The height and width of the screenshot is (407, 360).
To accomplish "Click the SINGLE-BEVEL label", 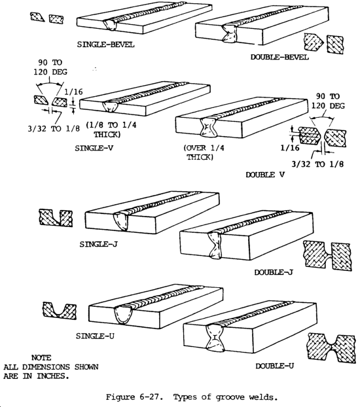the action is point(106,44).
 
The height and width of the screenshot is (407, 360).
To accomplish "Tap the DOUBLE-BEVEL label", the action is point(279,57).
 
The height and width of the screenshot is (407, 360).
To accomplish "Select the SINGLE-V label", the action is point(94,148).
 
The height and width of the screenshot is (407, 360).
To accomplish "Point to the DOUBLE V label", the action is point(265,175).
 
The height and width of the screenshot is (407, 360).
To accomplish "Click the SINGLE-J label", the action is point(98,244).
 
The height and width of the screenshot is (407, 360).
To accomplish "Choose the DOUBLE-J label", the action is point(274,272).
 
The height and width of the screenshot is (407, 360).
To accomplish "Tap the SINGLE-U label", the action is point(95,336).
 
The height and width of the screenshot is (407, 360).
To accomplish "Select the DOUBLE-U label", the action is point(275,366).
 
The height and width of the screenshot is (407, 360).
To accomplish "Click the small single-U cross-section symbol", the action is point(60,311).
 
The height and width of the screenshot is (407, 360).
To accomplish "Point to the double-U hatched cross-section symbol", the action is point(331,348).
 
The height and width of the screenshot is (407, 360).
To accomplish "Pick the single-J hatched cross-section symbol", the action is point(56,218).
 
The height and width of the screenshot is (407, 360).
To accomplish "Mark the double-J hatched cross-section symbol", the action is point(327,256).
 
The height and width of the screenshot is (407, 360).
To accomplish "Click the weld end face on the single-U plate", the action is point(124,314).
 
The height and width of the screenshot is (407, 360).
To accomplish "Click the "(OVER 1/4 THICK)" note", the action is point(204,152).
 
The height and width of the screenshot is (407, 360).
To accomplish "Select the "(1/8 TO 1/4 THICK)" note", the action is point(111,130).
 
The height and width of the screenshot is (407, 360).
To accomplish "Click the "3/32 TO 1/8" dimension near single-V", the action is point(54,129).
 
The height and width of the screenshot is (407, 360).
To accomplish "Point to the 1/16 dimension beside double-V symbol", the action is point(290,148).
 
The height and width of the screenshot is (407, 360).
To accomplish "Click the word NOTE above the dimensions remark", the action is point(41,358).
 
